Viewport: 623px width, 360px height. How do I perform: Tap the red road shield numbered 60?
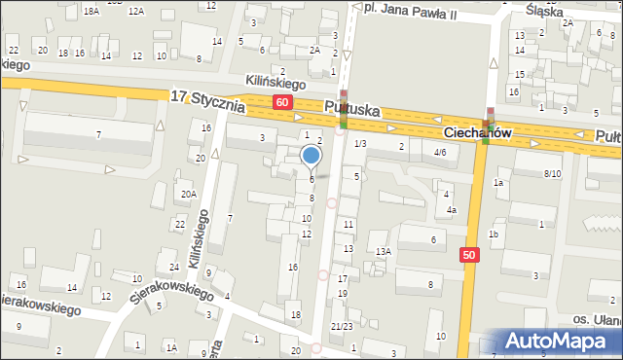pos(281,102)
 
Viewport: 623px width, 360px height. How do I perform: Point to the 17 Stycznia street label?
pos(206,99)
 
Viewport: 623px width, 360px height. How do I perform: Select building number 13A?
pos(384,251)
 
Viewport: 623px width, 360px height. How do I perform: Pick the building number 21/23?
pos(342,326)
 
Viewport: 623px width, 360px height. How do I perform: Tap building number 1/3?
pos(360,144)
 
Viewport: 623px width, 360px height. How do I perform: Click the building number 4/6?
pos(440,153)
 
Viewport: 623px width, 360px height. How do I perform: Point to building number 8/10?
pos(553,173)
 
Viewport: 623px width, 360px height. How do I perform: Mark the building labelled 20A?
pos(188,194)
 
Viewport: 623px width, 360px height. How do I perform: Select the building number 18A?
pos(92,10)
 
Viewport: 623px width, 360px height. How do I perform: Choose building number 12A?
pos(136,11)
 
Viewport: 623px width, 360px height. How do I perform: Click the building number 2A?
pos(314,50)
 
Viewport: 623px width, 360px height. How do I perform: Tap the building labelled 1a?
pos(498,183)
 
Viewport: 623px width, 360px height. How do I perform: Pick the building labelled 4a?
pos(452,209)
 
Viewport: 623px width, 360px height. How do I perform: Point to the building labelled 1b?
pos(494,234)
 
